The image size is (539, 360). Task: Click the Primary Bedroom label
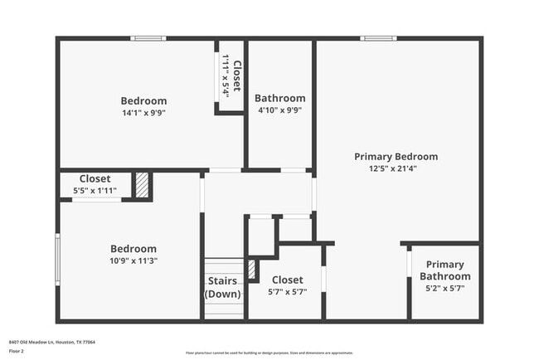coord(396,157)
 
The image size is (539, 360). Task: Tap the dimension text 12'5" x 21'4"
coord(396,168)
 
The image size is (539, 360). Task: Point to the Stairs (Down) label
coord(224,288)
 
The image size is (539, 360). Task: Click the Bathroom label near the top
coord(279,98)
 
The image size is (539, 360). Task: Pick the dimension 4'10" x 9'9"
coord(279,109)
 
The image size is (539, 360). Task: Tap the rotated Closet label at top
coord(236,76)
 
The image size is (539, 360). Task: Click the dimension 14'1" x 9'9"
coord(143,113)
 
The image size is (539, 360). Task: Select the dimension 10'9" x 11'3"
coord(134,260)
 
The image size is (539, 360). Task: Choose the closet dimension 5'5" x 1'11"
coord(95,191)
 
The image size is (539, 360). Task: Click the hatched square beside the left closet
coord(142,185)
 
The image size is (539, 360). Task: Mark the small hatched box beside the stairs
coord(252,269)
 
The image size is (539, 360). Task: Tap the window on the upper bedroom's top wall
coord(148,38)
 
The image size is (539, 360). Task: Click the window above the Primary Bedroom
coord(378,38)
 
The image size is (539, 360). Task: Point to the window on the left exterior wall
coord(57,260)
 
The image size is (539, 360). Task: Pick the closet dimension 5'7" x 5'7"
coord(287,292)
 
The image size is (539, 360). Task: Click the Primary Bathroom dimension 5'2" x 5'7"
coord(444,289)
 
